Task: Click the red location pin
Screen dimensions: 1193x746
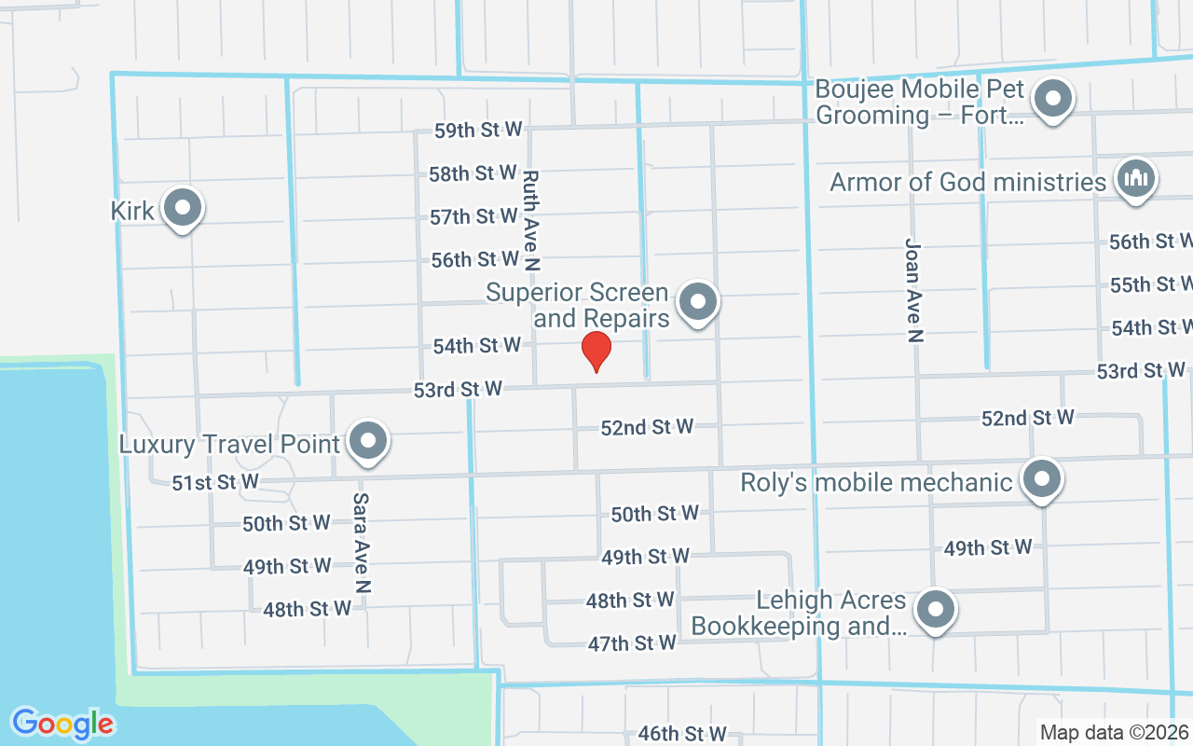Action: (x=596, y=352)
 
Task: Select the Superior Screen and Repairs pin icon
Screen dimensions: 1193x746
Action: (x=697, y=302)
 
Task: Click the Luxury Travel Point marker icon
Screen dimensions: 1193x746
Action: (x=368, y=441)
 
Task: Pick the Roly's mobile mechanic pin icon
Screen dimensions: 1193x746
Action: (x=1042, y=480)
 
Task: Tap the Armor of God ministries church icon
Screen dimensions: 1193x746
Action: (x=1134, y=178)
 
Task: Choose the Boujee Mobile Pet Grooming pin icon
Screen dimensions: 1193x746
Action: (x=1054, y=98)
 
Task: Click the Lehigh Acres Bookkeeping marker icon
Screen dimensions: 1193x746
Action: (x=937, y=611)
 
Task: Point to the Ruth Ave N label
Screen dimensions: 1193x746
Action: (x=531, y=220)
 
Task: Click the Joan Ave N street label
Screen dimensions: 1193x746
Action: (x=913, y=290)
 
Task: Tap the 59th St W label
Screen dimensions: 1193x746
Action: (x=478, y=131)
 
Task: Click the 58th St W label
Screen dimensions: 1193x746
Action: (x=473, y=173)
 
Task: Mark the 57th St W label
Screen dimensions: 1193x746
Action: (x=474, y=216)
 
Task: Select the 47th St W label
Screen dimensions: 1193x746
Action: (x=631, y=642)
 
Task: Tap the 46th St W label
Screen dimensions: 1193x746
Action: (x=682, y=734)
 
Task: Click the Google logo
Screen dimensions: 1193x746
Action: (x=62, y=724)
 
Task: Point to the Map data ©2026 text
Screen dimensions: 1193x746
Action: (x=1114, y=733)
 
